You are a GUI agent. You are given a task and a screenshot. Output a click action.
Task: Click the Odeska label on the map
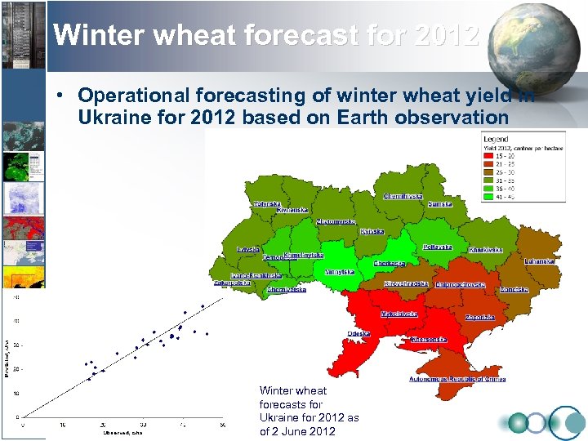pos(358,334)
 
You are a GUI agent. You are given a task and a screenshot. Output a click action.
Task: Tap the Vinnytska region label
pos(339,272)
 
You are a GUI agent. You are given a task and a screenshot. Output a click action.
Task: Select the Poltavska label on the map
pos(438,247)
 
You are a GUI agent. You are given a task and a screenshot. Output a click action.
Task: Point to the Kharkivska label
pos(486,250)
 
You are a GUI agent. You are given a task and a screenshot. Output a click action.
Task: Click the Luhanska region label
pos(540,261)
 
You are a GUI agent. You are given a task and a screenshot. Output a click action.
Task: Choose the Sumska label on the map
pos(440,204)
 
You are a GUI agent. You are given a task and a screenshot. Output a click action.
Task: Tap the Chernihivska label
pos(403,196)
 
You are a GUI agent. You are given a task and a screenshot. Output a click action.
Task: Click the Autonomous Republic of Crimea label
pos(457,379)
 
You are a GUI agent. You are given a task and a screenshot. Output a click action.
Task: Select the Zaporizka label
pos(479,317)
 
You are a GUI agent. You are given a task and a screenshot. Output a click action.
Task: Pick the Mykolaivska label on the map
pos(400,314)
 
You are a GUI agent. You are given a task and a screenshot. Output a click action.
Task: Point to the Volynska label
pos(267,204)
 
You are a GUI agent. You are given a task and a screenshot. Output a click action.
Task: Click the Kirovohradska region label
pos(406,283)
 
